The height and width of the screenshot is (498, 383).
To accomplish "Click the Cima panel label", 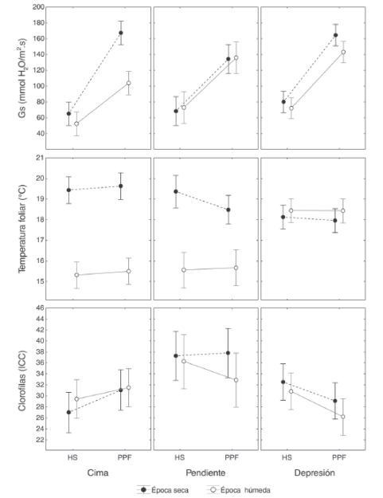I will (98, 473).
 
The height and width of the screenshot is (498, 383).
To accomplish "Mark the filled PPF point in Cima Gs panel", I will (121, 33).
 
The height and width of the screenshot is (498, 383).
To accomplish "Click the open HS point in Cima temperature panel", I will (76, 275).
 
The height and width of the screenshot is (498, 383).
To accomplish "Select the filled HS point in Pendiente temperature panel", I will (175, 191).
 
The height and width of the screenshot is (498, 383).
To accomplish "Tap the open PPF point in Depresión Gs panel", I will (343, 52).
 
